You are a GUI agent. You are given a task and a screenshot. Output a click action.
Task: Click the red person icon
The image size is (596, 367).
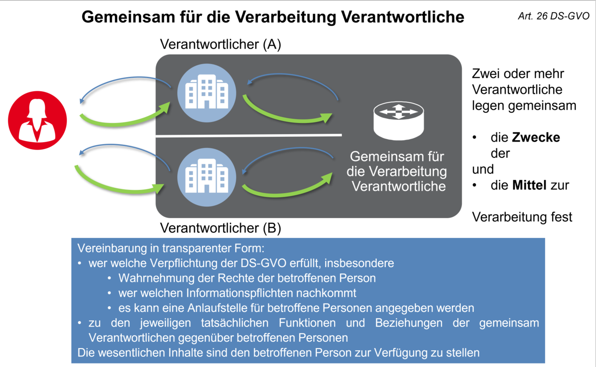pyautogui.click(x=38, y=120)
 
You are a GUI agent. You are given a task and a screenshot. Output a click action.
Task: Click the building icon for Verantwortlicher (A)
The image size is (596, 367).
pyautogui.click(x=206, y=92)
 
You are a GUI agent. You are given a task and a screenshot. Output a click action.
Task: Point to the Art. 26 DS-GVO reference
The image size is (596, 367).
pyautogui.click(x=554, y=16)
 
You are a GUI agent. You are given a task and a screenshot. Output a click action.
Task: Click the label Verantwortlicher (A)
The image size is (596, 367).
pyautogui.click(x=220, y=45)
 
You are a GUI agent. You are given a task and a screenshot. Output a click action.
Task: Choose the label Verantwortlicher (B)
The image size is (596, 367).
pyautogui.click(x=220, y=228)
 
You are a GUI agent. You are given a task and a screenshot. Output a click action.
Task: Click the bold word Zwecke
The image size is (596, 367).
pyautogui.click(x=536, y=137)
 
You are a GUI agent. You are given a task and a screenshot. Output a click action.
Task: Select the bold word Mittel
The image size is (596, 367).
pyautogui.click(x=529, y=185)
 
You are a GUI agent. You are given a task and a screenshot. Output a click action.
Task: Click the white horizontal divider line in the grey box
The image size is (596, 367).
pyautogui.click(x=248, y=135)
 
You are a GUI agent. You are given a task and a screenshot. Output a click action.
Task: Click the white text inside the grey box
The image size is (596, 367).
pyautogui.click(x=398, y=171)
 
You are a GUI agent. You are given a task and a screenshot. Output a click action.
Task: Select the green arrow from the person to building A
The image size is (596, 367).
pyautogui.click(x=125, y=117)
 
